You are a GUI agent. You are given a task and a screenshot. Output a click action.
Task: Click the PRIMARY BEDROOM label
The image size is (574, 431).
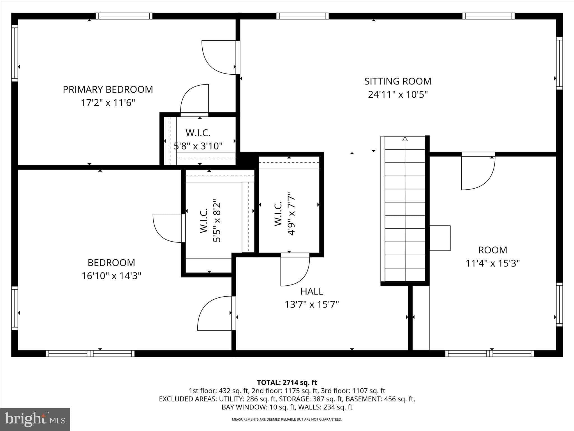(x=108, y=90)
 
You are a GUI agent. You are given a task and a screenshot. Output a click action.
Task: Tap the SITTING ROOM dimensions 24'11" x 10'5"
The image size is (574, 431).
(x=398, y=95)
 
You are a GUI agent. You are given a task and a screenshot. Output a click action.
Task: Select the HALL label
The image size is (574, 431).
(x=312, y=291)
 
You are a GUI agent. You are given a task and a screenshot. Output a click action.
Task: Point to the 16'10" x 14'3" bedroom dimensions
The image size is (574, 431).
(x=111, y=276)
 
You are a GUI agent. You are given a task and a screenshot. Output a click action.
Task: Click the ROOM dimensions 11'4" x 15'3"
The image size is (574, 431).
(x=492, y=263)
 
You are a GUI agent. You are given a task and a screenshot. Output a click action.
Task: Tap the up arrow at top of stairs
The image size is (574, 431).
(x=405, y=139)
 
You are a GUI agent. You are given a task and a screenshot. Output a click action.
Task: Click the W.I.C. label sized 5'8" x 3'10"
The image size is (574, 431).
(x=198, y=133)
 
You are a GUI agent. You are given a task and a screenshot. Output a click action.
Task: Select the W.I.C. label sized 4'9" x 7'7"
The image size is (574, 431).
(x=278, y=214)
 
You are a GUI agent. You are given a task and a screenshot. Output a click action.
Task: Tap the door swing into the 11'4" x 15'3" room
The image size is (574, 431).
(x=478, y=171)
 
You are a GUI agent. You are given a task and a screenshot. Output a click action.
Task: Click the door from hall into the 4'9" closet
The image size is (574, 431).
(x=295, y=270)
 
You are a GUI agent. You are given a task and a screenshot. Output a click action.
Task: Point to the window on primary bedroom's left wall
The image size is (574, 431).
(x=15, y=53)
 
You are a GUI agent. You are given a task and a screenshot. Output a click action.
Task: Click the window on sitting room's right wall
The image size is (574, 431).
(x=559, y=63)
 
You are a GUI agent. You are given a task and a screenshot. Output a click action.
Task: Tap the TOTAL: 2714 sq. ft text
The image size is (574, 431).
(x=287, y=382)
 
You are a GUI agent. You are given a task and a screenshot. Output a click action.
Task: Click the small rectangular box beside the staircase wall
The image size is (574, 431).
(x=440, y=238)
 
